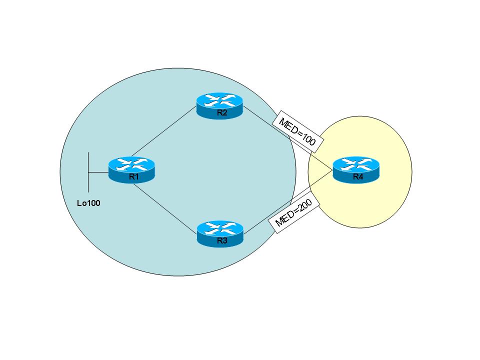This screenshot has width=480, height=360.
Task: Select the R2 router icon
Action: (x=219, y=106)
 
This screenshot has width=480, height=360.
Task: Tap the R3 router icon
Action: (x=219, y=233)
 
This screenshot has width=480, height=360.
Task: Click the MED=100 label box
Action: (x=297, y=131)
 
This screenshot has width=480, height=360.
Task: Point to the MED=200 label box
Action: (x=297, y=212)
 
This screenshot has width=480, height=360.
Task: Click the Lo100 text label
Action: (x=88, y=203)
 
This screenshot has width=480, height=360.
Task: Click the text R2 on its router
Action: (x=222, y=113)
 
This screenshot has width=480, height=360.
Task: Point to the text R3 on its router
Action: (x=222, y=240)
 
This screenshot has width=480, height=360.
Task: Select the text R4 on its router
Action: (x=357, y=176)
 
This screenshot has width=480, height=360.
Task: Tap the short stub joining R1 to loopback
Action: (x=98, y=172)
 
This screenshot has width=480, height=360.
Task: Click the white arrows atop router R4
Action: (x=355, y=163)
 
